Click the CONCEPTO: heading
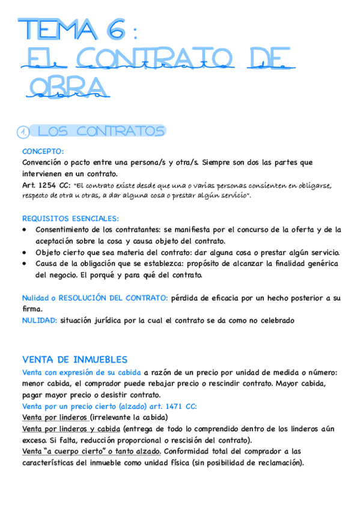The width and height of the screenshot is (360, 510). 43,152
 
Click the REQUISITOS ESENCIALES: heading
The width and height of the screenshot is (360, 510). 70,218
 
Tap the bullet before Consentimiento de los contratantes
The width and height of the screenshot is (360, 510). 23,229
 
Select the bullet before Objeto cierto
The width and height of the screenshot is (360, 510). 23,252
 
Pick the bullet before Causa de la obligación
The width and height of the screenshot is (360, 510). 23,263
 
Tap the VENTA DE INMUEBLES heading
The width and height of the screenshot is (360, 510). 75,360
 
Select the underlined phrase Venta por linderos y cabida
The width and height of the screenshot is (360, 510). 70,429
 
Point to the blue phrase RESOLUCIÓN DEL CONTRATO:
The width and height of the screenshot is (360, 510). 117,298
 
